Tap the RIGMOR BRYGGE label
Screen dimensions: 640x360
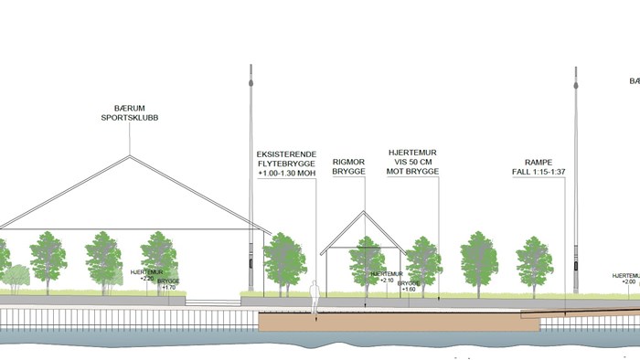[x=348, y=164]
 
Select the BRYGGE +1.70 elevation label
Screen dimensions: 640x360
[x=168, y=284]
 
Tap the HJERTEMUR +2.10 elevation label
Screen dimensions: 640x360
[x=387, y=276]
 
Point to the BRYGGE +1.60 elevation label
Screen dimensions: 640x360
[x=408, y=286]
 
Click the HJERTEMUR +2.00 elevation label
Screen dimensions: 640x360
[x=627, y=278]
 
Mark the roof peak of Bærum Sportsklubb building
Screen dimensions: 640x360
[x=130, y=155]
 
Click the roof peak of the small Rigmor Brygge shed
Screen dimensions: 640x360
[x=364, y=211]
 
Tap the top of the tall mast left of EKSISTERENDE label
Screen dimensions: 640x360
[x=250, y=68]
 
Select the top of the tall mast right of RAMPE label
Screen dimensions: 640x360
[x=577, y=69]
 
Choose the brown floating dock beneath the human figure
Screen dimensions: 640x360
[x=384, y=321]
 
